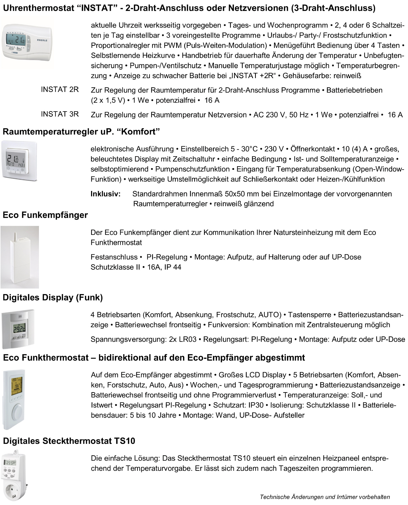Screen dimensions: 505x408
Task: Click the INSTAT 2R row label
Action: tap(60, 90)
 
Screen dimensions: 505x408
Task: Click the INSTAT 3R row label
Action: tap(60, 114)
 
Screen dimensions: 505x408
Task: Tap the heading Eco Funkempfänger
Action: tap(45, 215)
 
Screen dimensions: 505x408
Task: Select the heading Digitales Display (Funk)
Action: tap(53, 297)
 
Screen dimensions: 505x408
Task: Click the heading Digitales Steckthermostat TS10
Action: tap(69, 441)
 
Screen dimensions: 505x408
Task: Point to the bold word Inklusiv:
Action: tap(106, 194)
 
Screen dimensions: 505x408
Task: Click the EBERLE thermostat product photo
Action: tap(27, 43)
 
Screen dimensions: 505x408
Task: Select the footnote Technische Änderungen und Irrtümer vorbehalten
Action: tap(325, 497)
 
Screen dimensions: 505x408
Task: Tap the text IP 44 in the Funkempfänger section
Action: tap(173, 267)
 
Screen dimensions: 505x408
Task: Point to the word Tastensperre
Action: tap(310, 315)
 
